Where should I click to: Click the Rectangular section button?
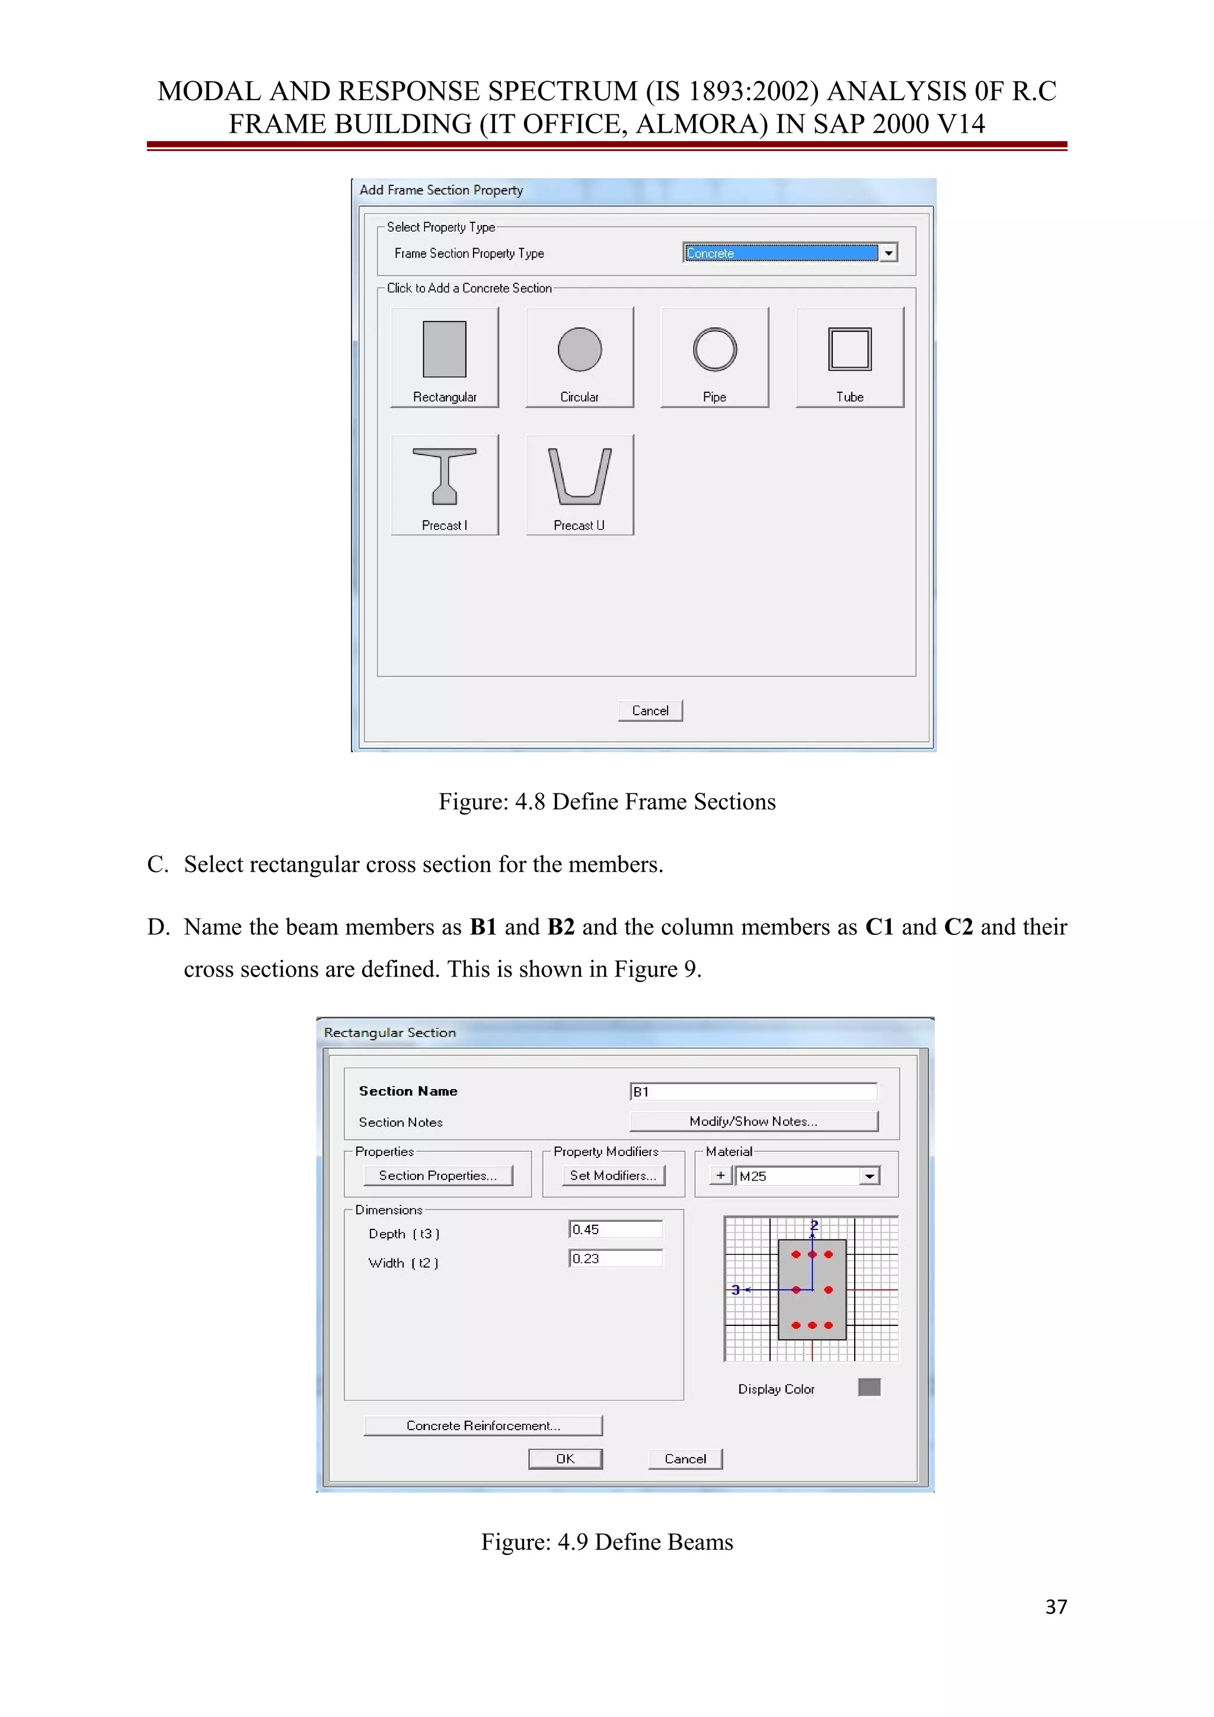pos(445,357)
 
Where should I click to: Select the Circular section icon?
pos(579,357)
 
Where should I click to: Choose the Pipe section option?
pos(714,357)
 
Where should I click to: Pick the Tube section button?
pos(849,357)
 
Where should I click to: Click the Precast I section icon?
pos(445,485)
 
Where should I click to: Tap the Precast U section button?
pos(579,485)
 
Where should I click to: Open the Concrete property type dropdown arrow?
pos(888,253)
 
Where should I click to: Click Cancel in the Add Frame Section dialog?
pos(650,710)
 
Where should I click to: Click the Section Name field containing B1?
pos(753,1092)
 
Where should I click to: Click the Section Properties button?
pos(437,1175)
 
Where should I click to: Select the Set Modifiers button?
pos(612,1175)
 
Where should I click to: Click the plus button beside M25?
pos(720,1175)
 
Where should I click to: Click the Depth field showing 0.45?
pos(615,1229)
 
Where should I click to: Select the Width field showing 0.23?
pos(615,1258)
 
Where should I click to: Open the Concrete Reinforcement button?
pos(483,1426)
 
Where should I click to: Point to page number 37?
pos(1055,1607)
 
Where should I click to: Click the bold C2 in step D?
pos(958,927)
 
